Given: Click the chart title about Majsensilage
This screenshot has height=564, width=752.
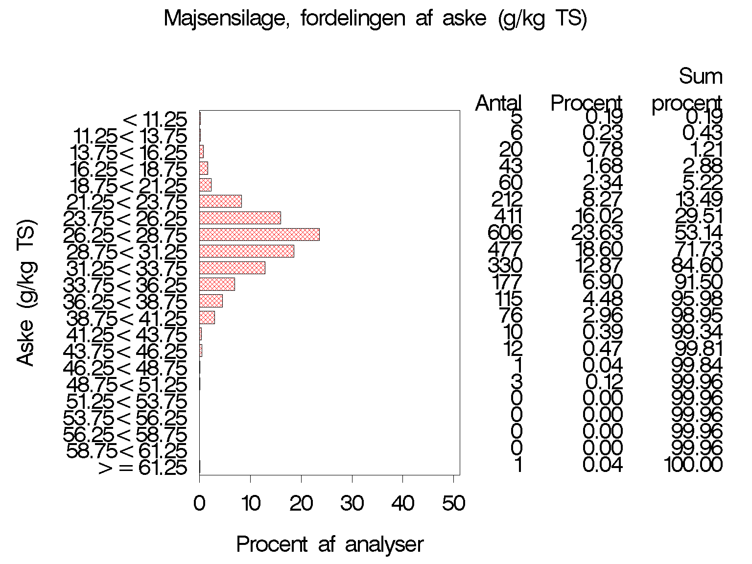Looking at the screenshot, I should pyautogui.click(x=375, y=19).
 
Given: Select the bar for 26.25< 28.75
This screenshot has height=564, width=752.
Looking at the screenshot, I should pyautogui.click(x=259, y=235).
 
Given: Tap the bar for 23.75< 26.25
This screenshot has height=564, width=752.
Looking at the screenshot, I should pyautogui.click(x=240, y=218).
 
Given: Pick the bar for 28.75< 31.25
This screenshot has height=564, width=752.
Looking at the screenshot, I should pyautogui.click(x=247, y=251).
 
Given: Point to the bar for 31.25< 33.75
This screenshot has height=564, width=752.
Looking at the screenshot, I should pyautogui.click(x=232, y=268).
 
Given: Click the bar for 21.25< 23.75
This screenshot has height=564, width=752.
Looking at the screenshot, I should pyautogui.click(x=220, y=201).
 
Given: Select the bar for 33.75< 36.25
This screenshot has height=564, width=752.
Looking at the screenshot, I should pyautogui.click(x=217, y=284).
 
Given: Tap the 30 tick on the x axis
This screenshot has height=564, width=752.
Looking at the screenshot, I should pyautogui.click(x=352, y=503).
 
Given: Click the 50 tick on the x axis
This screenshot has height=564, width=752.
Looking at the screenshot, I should pyautogui.click(x=454, y=503).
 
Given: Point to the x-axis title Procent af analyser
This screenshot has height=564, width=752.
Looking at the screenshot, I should pyautogui.click(x=329, y=544).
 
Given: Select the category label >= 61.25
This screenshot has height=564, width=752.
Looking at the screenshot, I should pyautogui.click(x=142, y=468).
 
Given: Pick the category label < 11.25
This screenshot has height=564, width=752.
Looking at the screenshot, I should pyautogui.click(x=155, y=120).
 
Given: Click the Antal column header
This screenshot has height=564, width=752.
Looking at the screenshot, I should pyautogui.click(x=498, y=103).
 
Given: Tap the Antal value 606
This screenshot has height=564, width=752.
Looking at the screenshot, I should pyautogui.click(x=505, y=233).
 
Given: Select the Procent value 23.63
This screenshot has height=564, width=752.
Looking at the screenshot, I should pyautogui.click(x=597, y=233).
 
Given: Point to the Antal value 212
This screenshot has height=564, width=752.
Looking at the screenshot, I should pyautogui.click(x=507, y=199).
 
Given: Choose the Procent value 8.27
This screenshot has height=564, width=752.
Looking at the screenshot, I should pyautogui.click(x=603, y=199).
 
